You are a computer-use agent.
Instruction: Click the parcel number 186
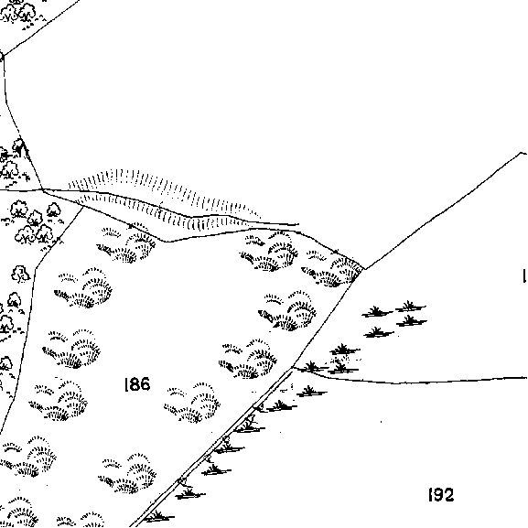(x=137, y=384)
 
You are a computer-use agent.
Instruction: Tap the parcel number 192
(x=441, y=495)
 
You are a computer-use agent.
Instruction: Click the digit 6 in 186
(x=145, y=384)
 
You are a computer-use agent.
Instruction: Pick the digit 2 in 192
(x=449, y=495)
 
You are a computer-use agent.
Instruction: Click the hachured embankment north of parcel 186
(x=162, y=199)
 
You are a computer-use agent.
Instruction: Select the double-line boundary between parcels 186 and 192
(x=212, y=447)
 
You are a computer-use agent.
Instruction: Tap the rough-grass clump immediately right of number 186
(x=192, y=403)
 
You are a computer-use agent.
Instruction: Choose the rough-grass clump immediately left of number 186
(x=58, y=399)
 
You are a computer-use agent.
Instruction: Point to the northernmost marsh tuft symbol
(x=410, y=307)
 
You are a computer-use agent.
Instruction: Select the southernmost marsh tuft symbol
(x=158, y=516)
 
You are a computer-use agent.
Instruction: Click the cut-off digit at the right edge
(x=524, y=275)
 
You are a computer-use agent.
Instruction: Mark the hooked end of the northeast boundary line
(x=523, y=154)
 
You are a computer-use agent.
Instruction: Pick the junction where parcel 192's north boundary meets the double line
(x=292, y=367)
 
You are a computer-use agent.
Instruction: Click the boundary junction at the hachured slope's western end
(x=43, y=190)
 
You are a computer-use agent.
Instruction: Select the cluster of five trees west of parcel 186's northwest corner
(x=34, y=222)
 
